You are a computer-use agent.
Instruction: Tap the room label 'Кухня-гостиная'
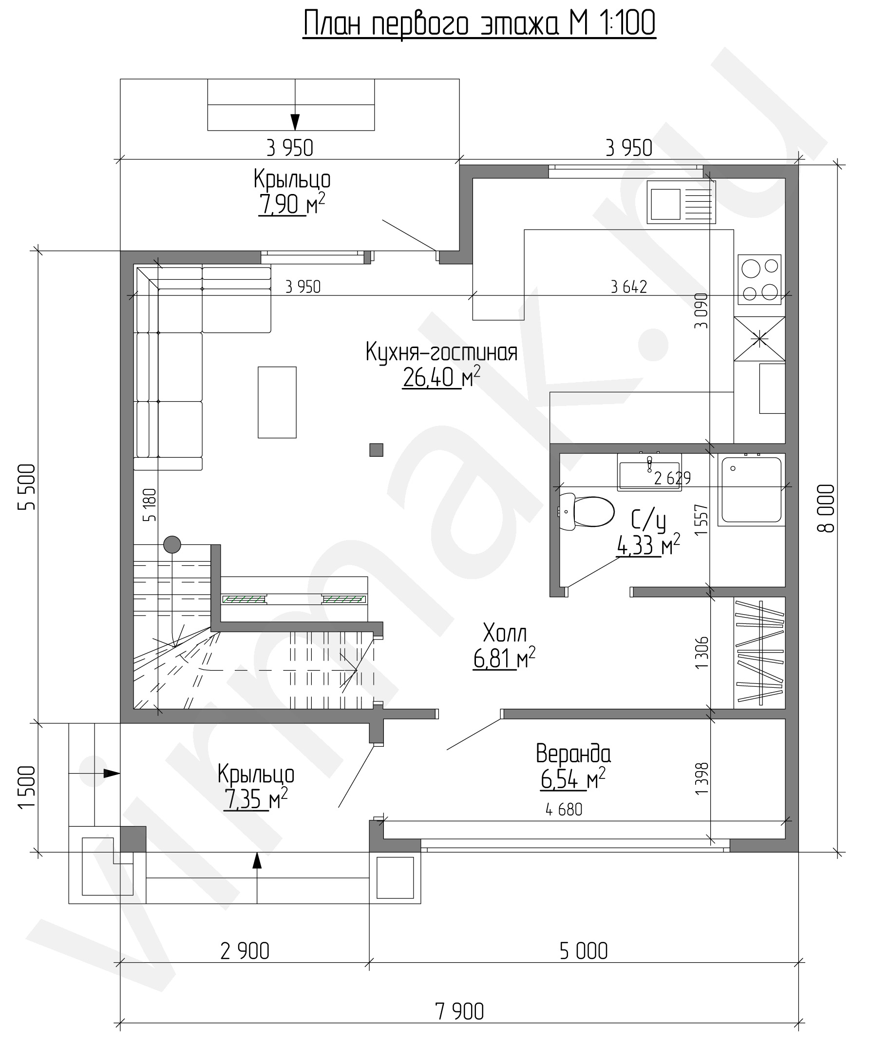pos(441,352)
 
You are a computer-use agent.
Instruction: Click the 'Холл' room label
pos(505,633)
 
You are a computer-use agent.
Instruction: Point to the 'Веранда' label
pos(573,754)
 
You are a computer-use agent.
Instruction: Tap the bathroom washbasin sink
pos(649,473)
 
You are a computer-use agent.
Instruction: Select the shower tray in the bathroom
pos(752,489)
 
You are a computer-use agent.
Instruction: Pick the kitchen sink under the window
pos(682,202)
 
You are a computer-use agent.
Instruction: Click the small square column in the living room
pos(376,449)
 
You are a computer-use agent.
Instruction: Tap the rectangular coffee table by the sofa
pos(277,402)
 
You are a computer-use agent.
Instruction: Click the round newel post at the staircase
pos(172,544)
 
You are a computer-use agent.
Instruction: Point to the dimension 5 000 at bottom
pos(584,951)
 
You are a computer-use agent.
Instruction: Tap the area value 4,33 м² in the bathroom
pos(648,545)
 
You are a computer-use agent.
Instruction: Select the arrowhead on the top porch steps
pos(295,122)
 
